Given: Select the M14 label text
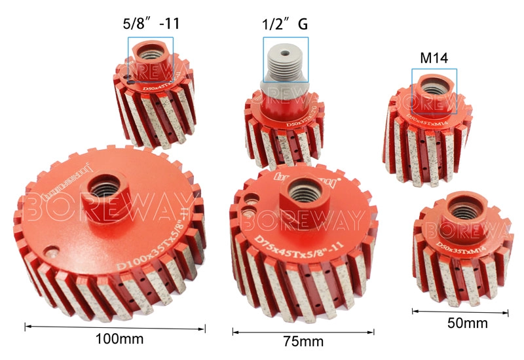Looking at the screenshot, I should [433, 58].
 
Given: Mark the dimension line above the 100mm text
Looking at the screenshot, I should [115, 325].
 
